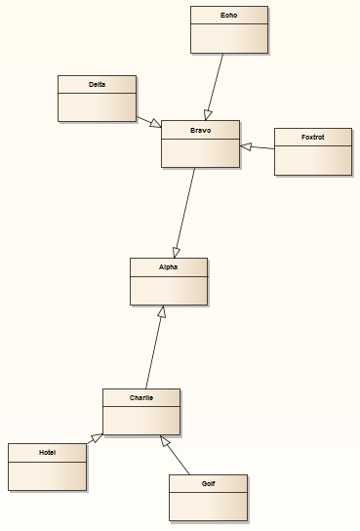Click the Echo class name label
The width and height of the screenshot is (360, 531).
point(228,16)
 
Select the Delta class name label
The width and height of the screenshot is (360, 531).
point(97,85)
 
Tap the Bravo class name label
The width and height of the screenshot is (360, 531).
point(200,130)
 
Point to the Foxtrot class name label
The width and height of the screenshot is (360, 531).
point(312,138)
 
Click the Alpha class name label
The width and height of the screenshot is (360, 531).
point(169,266)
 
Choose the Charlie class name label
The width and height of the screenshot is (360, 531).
point(141,397)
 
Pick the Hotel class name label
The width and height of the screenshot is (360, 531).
point(47,453)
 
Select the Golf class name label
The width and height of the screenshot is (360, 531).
point(208,483)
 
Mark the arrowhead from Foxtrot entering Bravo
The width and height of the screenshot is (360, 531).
point(246,146)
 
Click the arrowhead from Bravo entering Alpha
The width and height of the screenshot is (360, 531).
point(177,252)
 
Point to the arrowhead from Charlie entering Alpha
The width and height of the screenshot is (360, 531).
point(163,311)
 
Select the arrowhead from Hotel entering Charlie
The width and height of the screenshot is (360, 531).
point(96,438)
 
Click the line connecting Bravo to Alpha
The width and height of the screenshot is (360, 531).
point(185,210)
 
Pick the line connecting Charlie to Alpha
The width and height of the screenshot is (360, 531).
point(154,351)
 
